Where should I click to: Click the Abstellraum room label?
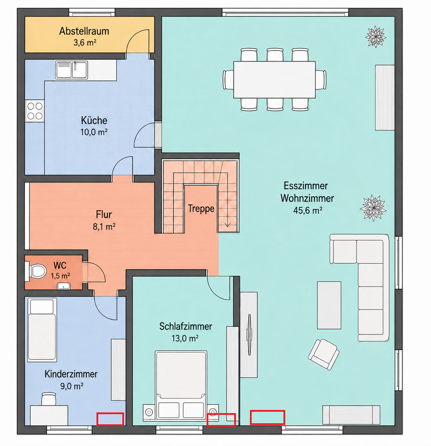tap(84, 31)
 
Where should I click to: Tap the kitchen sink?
tap(71, 70)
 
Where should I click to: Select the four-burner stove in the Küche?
tap(35, 111)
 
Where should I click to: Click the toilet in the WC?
tap(36, 271)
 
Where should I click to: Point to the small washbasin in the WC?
tap(64, 286)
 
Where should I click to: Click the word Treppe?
tap(201, 209)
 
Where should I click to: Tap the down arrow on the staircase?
tap(228, 224)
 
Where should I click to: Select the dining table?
tap(274, 79)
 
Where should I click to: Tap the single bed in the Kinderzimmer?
tap(42, 330)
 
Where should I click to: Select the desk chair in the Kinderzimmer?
tap(49, 399)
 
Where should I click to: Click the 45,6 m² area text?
tap(308, 210)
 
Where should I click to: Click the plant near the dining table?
tap(375, 37)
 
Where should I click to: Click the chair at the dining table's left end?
tap(228, 79)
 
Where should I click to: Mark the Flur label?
tap(104, 214)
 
